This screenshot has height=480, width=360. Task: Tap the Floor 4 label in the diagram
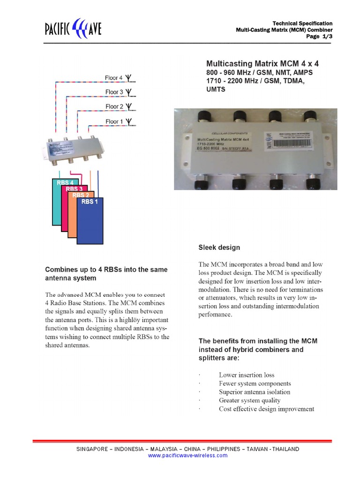click(114, 78)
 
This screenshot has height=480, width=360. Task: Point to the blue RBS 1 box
click(90, 220)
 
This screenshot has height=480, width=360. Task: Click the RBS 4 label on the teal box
click(65, 183)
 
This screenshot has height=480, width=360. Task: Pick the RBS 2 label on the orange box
click(81, 195)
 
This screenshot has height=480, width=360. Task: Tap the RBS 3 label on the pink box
click(74, 189)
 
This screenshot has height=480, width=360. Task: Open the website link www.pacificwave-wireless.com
click(187, 455)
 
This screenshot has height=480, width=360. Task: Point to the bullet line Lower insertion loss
click(247, 375)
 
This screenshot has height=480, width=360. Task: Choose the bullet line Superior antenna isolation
click(254, 392)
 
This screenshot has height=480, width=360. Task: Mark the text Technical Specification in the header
click(302, 23)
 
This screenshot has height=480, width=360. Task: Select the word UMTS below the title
click(216, 90)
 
